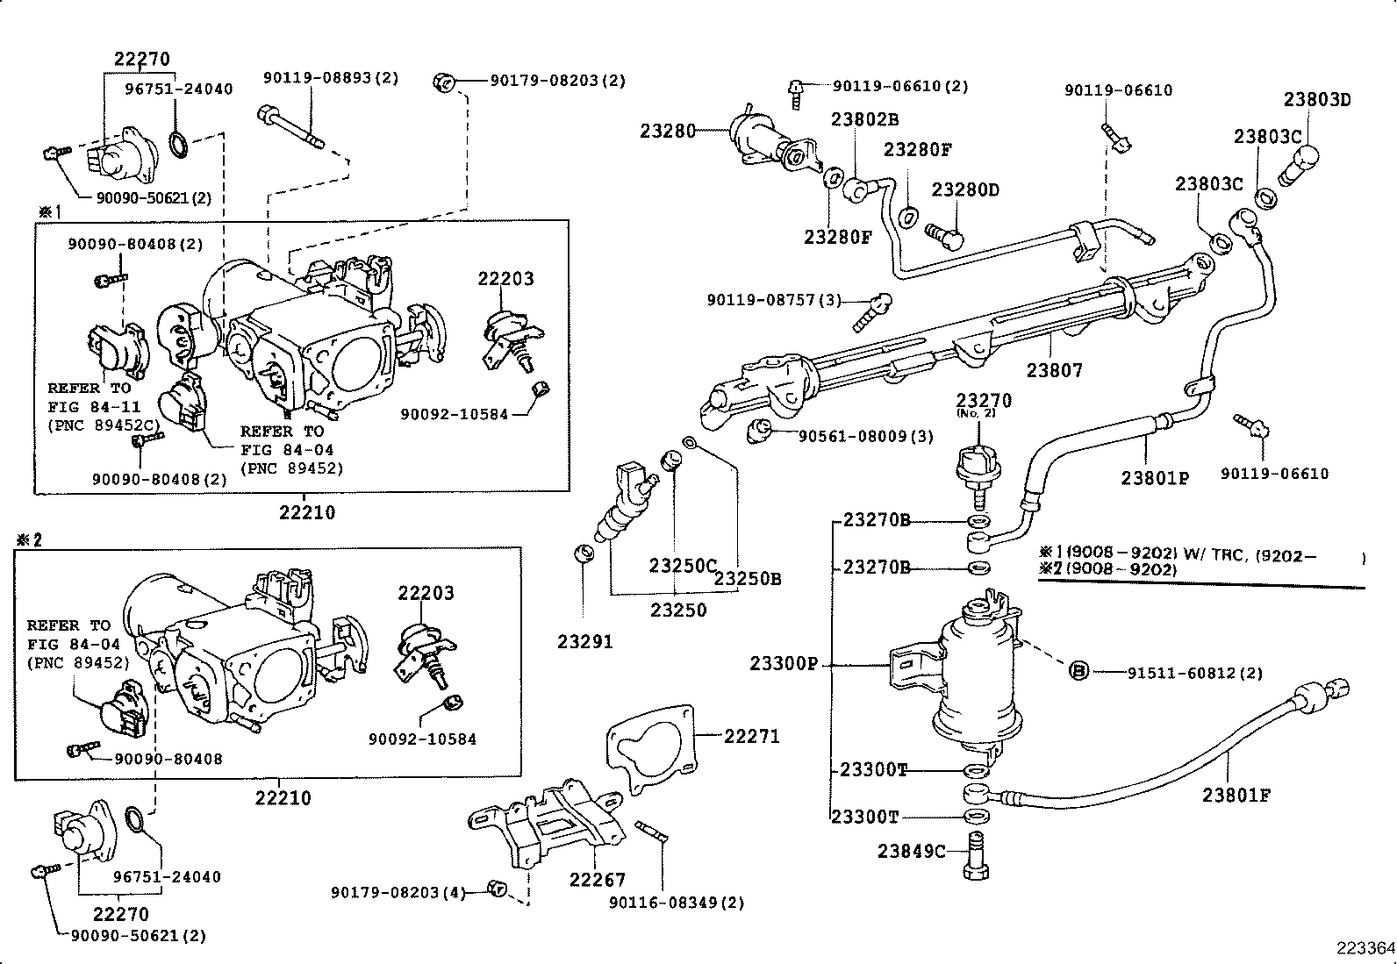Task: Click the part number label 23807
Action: [1055, 370]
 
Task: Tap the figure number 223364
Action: [1365, 948]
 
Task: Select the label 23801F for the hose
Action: [1236, 796]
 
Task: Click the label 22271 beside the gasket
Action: [751, 736]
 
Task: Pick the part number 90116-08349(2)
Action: [677, 903]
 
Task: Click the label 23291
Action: [584, 642]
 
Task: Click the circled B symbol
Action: [1079, 672]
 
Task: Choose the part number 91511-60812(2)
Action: [1195, 673]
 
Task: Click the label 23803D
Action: [1317, 99]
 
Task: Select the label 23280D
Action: [965, 190]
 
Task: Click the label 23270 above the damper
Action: [984, 400]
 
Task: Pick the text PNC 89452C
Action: [104, 426]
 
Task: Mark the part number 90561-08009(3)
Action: [865, 436]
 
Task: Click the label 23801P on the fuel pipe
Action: [1155, 478]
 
